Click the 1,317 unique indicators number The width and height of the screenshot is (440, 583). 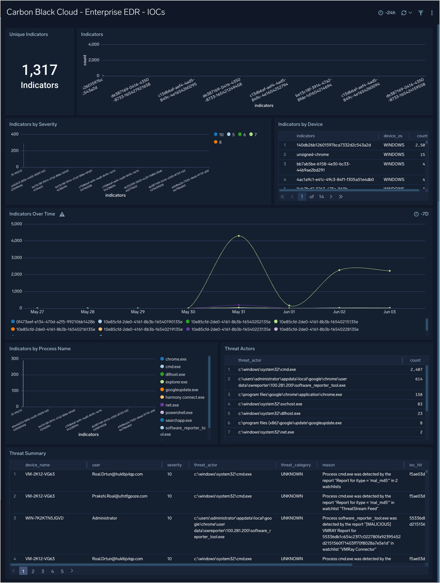point(40,70)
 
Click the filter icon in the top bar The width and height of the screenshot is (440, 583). point(421,13)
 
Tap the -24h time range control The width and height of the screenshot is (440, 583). point(387,13)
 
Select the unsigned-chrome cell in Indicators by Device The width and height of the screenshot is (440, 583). point(312,155)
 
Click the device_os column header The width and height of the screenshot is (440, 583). point(393,136)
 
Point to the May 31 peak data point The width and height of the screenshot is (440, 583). point(239,236)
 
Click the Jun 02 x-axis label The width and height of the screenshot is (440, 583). point(339,312)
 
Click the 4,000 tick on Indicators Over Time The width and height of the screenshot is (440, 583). point(16,241)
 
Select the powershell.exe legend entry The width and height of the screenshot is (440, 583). point(179,413)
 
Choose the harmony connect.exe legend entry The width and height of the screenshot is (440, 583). point(185,397)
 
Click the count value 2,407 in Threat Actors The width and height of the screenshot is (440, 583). point(416,369)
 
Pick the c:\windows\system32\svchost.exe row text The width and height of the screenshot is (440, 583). point(270,404)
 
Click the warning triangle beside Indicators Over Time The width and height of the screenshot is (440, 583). point(62,214)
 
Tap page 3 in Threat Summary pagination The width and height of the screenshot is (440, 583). point(43,571)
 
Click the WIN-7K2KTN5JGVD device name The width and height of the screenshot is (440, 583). point(44,518)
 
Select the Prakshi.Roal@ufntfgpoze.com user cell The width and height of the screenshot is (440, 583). point(120,496)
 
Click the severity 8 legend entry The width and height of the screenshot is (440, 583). point(218,142)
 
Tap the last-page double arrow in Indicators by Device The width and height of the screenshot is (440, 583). point(341,197)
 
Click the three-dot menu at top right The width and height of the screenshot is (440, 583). point(432,13)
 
